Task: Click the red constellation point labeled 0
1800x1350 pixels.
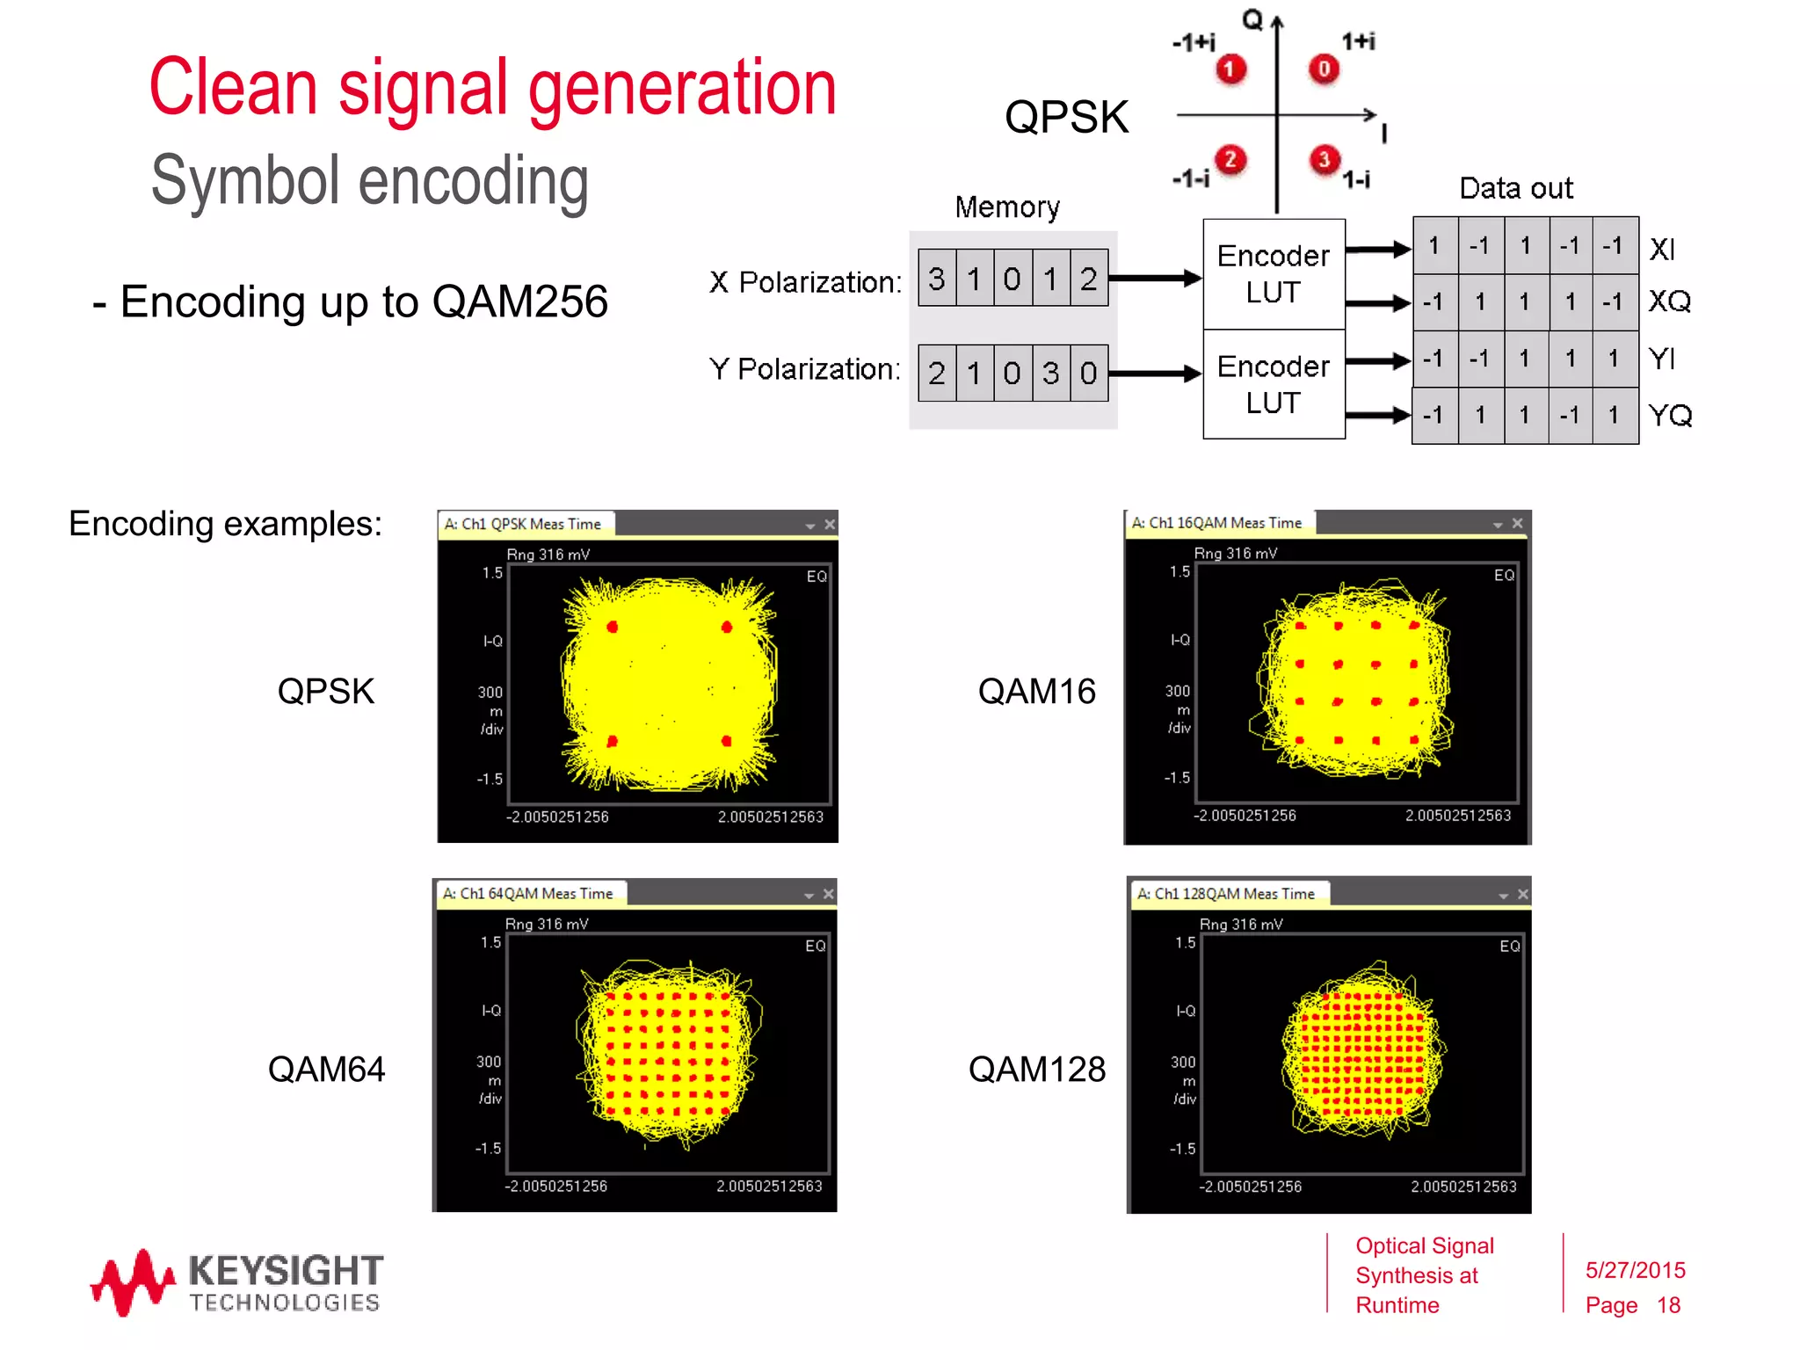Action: pos(1324,69)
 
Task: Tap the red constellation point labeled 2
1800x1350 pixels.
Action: pos(1230,159)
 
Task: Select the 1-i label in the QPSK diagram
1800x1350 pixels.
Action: pos(1356,180)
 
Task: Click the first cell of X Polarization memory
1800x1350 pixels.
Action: pos(937,279)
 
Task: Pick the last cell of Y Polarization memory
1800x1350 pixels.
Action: pos(1089,374)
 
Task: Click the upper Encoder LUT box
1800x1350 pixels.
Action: pos(1274,274)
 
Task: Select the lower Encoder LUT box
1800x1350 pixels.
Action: pos(1274,385)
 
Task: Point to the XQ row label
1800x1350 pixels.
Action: pos(1669,301)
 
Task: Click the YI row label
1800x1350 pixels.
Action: pos(1662,359)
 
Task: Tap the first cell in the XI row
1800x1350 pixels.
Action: pos(1434,245)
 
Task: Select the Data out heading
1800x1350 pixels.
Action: pos(1516,188)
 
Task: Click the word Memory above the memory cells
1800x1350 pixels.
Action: pos(1007,207)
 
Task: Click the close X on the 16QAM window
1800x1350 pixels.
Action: pos(1517,523)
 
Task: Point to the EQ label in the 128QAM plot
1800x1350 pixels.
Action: pos(1509,947)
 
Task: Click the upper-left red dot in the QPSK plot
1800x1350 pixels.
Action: pos(613,627)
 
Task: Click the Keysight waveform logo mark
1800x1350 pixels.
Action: pos(133,1282)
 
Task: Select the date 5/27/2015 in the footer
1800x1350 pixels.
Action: pos(1635,1270)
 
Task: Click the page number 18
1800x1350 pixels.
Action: pos(1668,1305)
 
